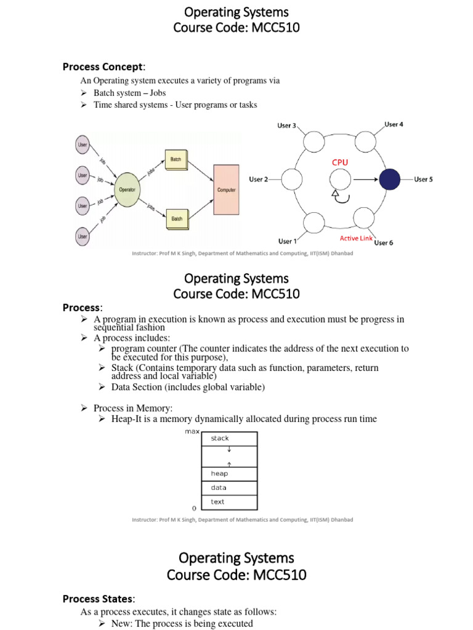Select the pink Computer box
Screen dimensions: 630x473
226,189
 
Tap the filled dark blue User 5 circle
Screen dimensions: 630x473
389,180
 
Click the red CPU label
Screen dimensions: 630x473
341,162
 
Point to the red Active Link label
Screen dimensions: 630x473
357,238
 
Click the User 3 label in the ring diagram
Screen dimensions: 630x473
286,126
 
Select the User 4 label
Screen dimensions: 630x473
394,124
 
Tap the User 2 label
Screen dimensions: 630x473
259,180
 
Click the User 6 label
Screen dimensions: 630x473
383,242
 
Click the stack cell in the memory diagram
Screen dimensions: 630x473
229,439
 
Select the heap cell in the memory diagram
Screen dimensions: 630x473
229,474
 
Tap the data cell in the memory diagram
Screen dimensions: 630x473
229,488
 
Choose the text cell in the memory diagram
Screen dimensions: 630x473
229,502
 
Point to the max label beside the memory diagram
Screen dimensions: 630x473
192,431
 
